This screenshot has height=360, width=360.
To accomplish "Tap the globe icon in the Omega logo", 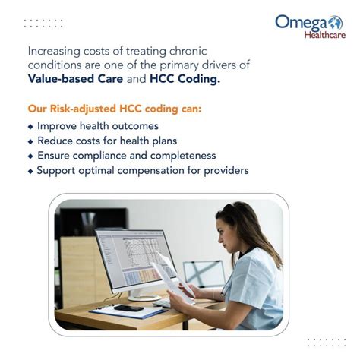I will [x=335, y=23].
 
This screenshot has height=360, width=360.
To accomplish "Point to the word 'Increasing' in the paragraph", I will [x=55, y=51].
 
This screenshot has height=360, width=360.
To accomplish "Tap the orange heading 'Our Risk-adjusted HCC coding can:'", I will [x=113, y=109].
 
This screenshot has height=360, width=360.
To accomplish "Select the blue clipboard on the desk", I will [x=114, y=311].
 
